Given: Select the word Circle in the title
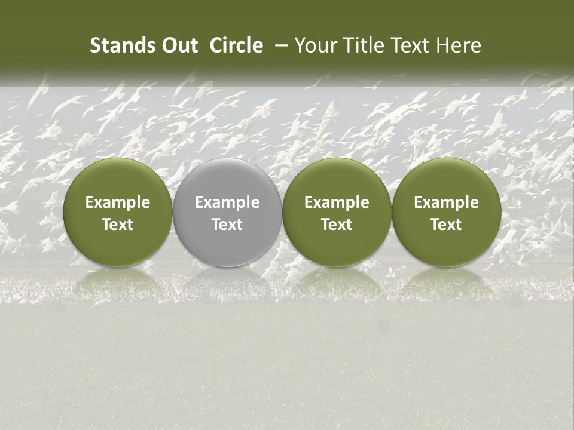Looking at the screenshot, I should tap(236, 45).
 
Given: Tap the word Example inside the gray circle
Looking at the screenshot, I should tap(227, 202).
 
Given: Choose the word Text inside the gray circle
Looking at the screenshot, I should tap(227, 225).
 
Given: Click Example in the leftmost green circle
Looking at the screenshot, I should tap(118, 202).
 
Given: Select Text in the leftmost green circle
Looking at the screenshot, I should tap(118, 225).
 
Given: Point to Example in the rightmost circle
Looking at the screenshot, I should tap(446, 202).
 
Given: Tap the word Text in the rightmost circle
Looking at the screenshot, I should tap(446, 225).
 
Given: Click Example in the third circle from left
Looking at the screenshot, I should tap(337, 202).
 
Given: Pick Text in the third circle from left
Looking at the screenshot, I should tap(337, 225).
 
